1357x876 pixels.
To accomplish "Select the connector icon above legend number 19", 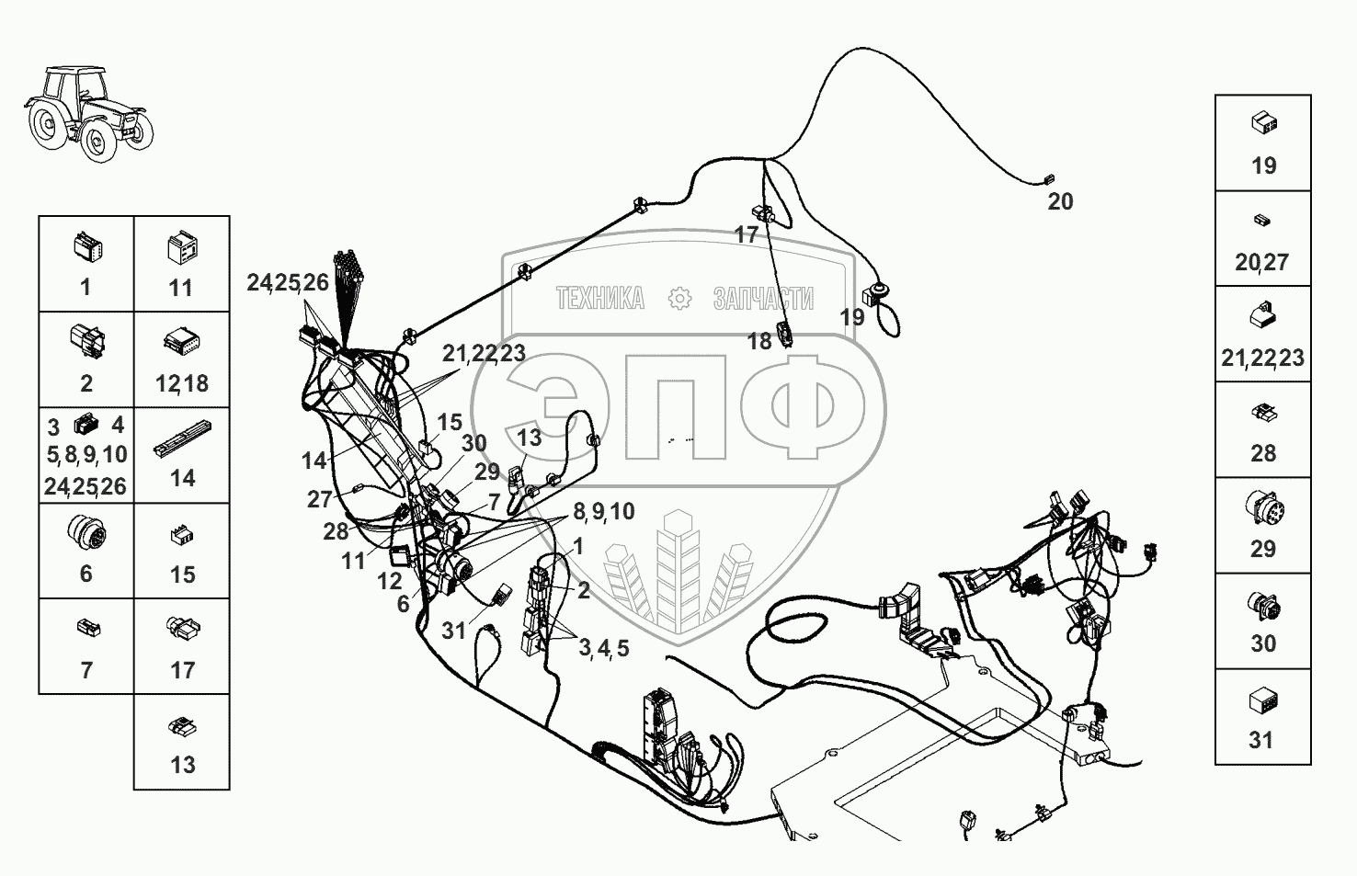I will [1263, 123].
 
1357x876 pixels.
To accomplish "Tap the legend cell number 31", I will [1262, 717].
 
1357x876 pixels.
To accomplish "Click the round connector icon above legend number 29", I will [1263, 508].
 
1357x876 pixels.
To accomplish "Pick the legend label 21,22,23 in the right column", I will [1262, 358].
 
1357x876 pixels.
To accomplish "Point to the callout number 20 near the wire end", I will [1060, 201].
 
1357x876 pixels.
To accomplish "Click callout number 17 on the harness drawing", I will [747, 234].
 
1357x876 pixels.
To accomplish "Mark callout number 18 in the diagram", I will [759, 342].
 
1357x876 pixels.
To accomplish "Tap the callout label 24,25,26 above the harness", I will [287, 283].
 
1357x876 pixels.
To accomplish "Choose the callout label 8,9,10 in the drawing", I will [603, 511].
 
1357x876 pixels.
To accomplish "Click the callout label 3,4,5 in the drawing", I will [604, 648].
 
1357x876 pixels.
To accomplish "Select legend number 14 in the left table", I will [182, 479].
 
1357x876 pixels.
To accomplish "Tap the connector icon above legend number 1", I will [86, 246].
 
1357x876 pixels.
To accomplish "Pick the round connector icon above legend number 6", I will [86, 532].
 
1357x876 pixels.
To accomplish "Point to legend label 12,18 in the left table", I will [182, 383].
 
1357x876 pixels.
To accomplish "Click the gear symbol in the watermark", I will [680, 298].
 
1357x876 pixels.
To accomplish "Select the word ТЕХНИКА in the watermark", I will [599, 298].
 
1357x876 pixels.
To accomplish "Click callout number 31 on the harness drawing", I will [454, 631].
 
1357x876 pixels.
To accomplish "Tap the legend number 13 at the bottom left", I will [182, 765].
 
